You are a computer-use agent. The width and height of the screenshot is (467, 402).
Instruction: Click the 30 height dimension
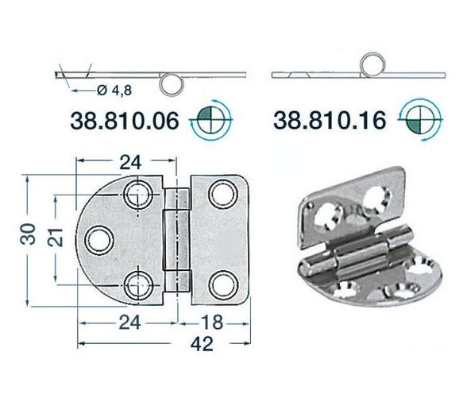pos(17,236)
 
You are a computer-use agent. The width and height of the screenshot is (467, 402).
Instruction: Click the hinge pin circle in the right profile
pos(373,64)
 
